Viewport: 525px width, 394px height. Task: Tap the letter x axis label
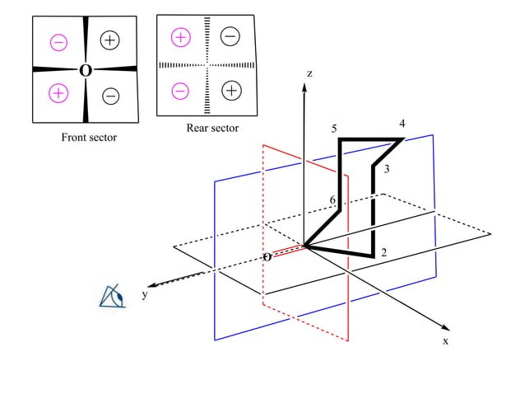point(446,340)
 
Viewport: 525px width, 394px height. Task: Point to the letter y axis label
point(144,293)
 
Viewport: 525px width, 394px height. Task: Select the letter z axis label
point(309,73)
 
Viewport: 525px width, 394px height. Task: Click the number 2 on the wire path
point(383,252)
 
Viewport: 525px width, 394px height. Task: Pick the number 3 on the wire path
point(386,169)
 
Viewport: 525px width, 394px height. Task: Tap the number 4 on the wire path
point(402,124)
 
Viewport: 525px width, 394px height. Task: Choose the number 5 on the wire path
point(334,129)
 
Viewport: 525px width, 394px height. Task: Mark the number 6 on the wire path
point(332,200)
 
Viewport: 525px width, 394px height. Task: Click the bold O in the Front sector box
point(85,71)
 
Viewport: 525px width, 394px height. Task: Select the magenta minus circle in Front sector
point(58,41)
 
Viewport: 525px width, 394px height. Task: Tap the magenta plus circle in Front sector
point(58,93)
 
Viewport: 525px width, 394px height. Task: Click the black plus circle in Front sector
point(110,40)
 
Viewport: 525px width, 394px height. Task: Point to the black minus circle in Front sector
point(111,96)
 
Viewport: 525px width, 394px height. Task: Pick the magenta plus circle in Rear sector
point(181,37)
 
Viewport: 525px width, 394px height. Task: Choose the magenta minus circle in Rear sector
point(181,90)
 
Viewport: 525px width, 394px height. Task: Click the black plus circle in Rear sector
point(232,90)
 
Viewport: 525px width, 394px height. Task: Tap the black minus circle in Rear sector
point(231,35)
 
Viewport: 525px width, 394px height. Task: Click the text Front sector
point(89,138)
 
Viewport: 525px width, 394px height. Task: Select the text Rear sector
point(212,128)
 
